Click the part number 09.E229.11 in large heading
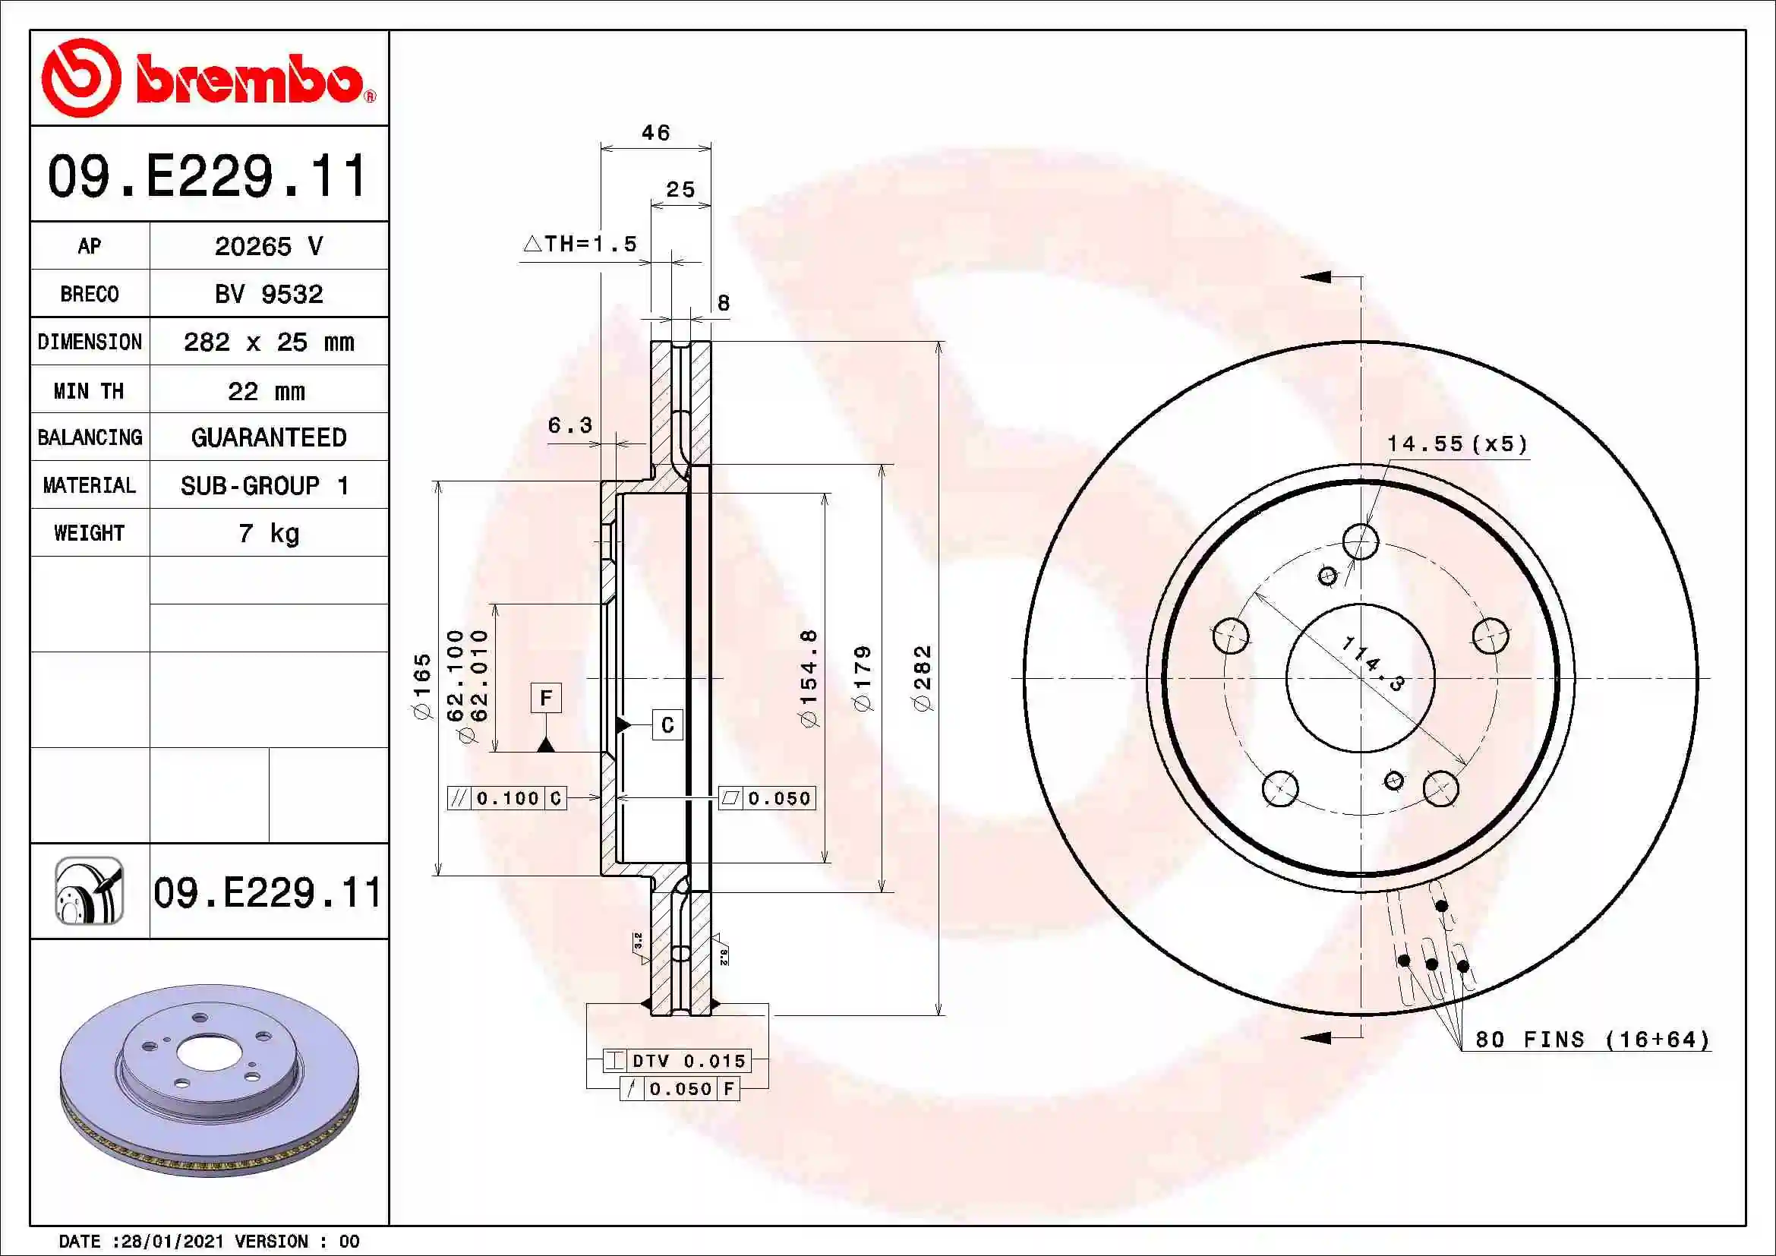[207, 175]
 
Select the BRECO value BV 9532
[268, 294]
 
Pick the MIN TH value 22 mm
[267, 390]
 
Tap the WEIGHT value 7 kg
[268, 533]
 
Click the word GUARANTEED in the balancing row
[268, 437]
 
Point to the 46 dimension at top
[655, 133]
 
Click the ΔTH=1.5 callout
[580, 245]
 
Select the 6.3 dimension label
[569, 425]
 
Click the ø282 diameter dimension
[922, 678]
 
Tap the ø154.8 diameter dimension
[809, 678]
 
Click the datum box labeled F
[546, 699]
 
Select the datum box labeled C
[667, 724]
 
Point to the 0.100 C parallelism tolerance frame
[506, 798]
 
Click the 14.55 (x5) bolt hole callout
[1457, 444]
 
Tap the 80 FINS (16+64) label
[1592, 1040]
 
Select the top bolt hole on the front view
[1360, 541]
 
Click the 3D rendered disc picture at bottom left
[209, 1080]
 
